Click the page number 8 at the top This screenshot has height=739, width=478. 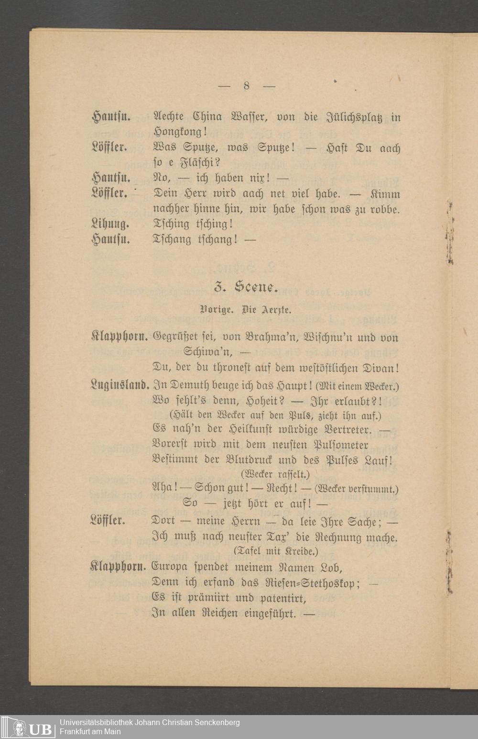coord(247,86)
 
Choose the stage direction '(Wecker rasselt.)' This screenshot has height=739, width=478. coord(275,474)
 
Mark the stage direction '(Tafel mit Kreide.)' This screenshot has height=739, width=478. coord(276,551)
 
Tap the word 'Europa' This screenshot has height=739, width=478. coord(172,568)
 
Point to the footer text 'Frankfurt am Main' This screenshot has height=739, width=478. coord(90,731)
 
